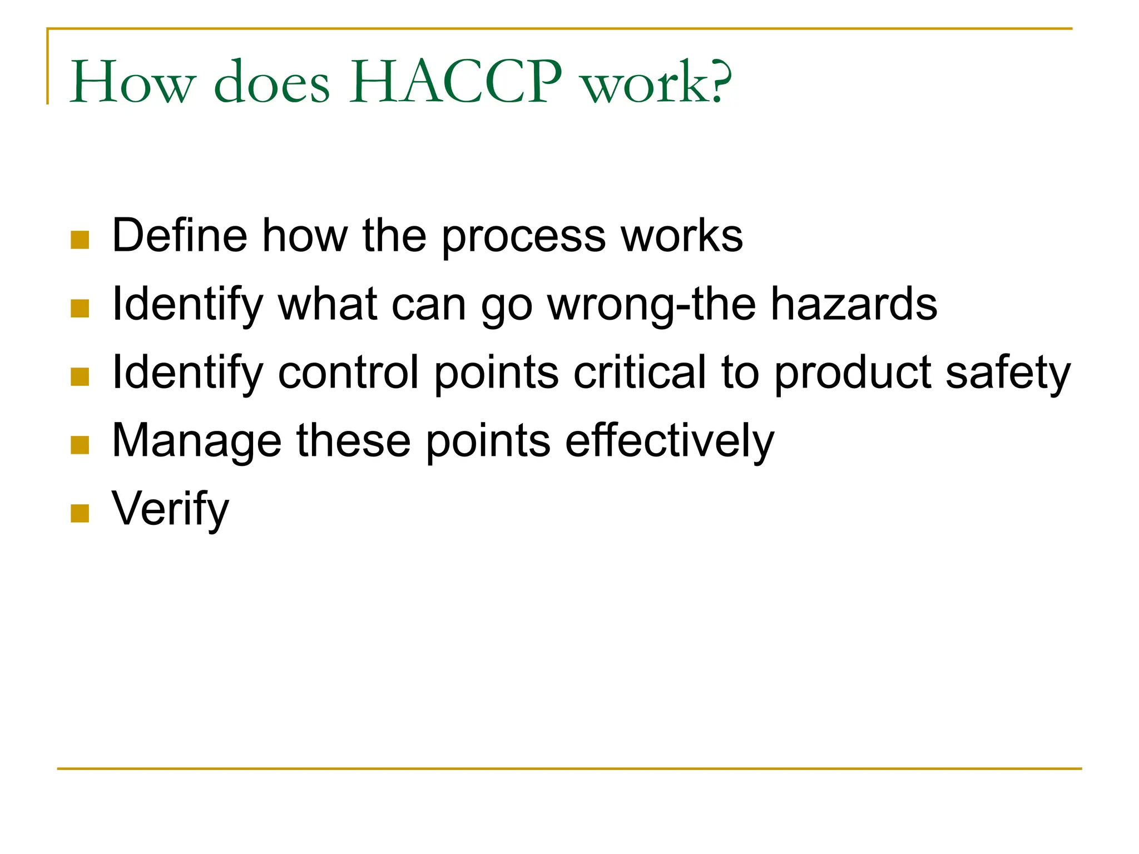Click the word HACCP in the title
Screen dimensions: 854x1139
tap(455, 82)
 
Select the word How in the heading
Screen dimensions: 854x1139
tap(133, 82)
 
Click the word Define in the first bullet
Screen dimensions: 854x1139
tap(180, 235)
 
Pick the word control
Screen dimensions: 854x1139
tap(348, 372)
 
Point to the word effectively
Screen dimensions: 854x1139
tap(670, 441)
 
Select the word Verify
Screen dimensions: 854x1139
tap(170, 509)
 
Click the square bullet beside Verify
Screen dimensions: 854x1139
tap(80, 513)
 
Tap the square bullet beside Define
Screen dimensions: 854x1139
tap(80, 240)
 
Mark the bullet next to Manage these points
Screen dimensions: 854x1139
tap(80, 445)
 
